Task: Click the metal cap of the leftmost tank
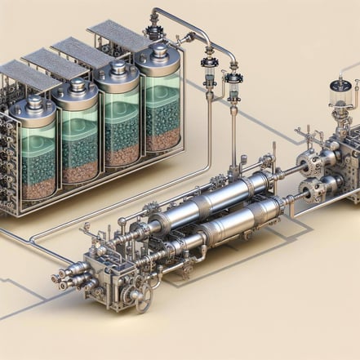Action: (34, 105)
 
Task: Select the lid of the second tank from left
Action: (78, 88)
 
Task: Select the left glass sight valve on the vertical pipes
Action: (211, 77)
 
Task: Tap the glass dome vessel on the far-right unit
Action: (338, 95)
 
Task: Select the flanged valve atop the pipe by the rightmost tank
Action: (153, 33)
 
